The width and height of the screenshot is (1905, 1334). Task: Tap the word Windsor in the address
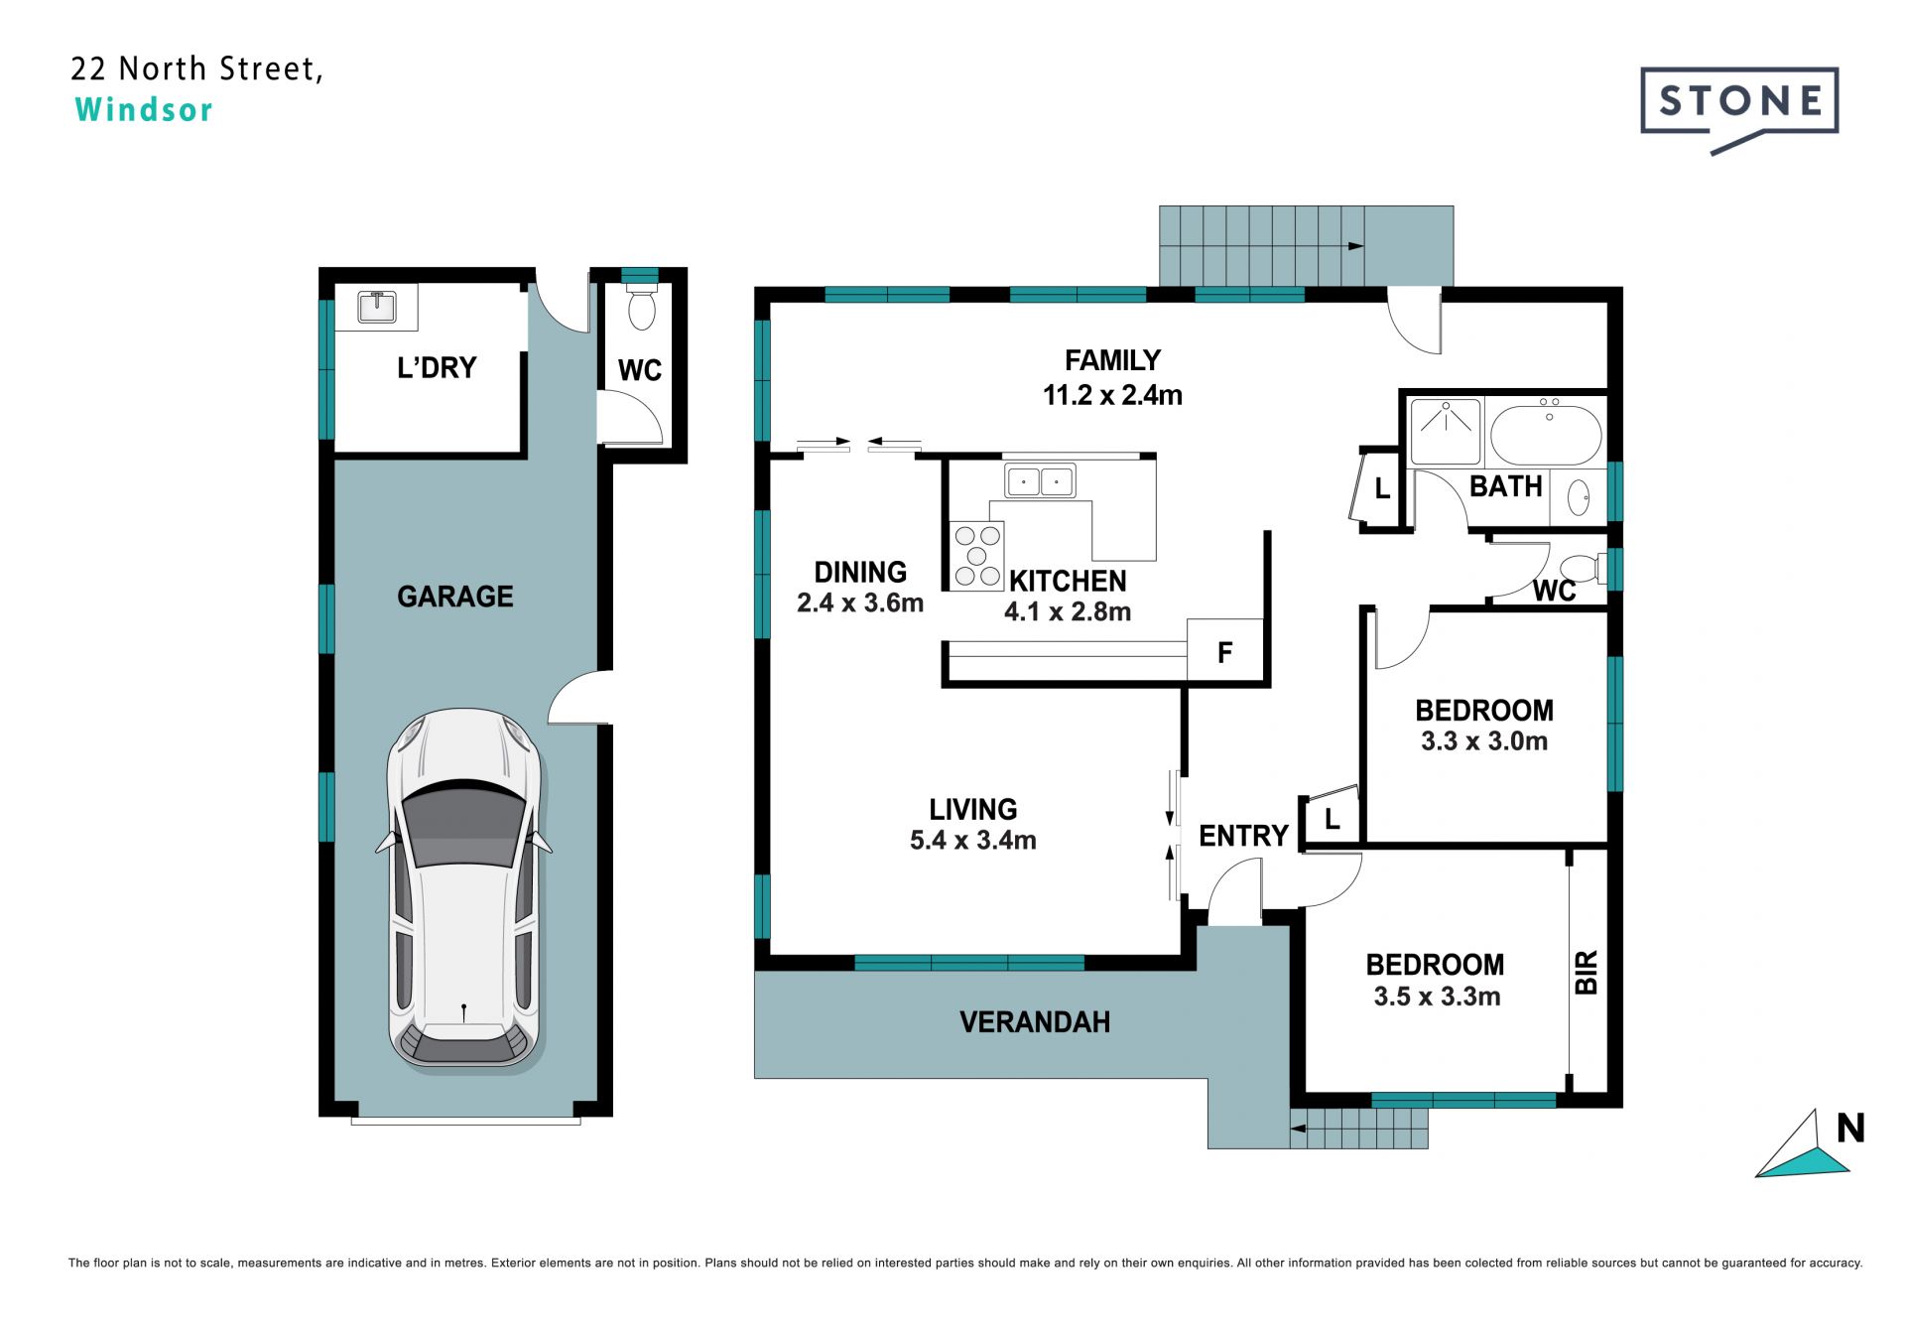144,109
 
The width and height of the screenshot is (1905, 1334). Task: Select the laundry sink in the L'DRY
376,307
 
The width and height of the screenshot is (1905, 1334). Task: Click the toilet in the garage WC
642,305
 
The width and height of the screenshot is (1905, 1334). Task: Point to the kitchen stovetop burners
976,556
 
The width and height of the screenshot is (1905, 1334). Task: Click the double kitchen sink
1040,481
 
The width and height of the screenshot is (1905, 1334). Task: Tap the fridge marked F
1225,651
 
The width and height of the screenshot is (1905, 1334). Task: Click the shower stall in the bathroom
1446,432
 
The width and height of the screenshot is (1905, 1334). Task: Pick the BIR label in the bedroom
1586,972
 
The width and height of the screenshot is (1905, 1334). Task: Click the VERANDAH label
1035,1022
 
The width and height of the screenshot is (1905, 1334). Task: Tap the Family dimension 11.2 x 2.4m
1112,395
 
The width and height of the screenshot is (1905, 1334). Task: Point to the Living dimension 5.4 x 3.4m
973,840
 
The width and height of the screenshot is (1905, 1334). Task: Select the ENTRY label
1243,836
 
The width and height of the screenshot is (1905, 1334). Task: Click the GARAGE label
455,597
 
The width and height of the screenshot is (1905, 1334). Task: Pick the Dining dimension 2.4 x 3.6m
860,602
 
